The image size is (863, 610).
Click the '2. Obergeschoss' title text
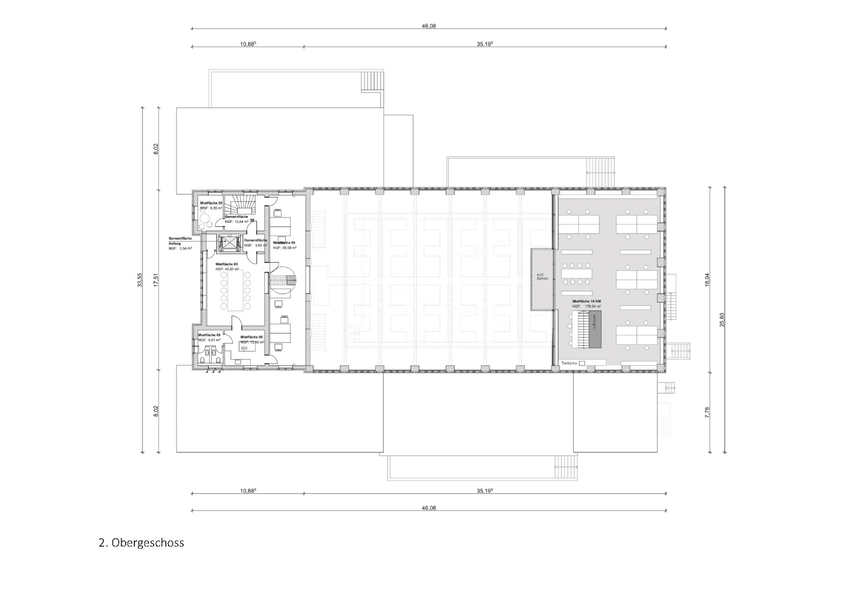point(141,543)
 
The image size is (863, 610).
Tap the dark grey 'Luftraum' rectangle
point(595,330)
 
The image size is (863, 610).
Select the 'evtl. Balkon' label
point(542,279)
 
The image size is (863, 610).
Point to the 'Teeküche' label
point(569,363)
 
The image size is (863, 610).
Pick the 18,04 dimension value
point(707,280)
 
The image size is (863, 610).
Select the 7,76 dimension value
point(707,412)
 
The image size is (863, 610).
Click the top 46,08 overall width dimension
point(428,26)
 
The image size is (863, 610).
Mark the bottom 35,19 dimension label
point(485,491)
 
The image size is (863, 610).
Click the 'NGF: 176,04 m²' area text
point(586,307)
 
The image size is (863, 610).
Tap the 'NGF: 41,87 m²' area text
point(226,269)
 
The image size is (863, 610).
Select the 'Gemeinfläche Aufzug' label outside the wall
point(180,243)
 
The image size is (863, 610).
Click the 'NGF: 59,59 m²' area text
point(284,248)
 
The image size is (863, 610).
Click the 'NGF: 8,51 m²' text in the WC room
point(209,340)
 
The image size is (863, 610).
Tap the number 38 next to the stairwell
point(252,220)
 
